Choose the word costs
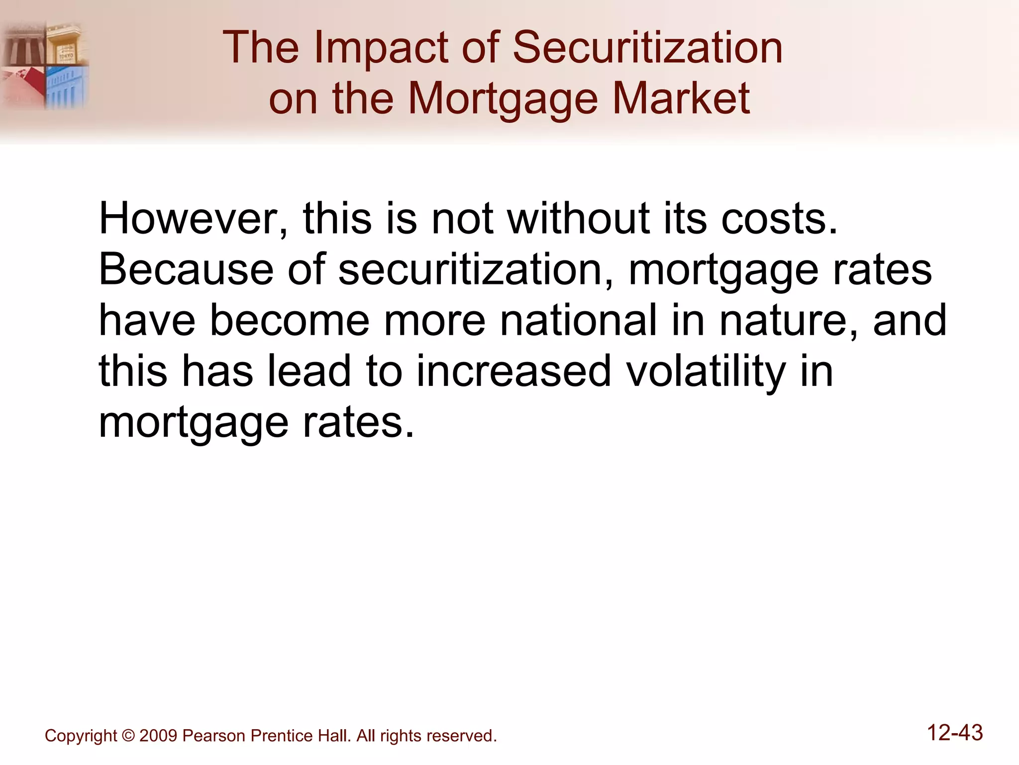coord(779,219)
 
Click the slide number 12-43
coord(955,733)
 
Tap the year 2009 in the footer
coord(158,736)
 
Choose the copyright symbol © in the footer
coord(128,736)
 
